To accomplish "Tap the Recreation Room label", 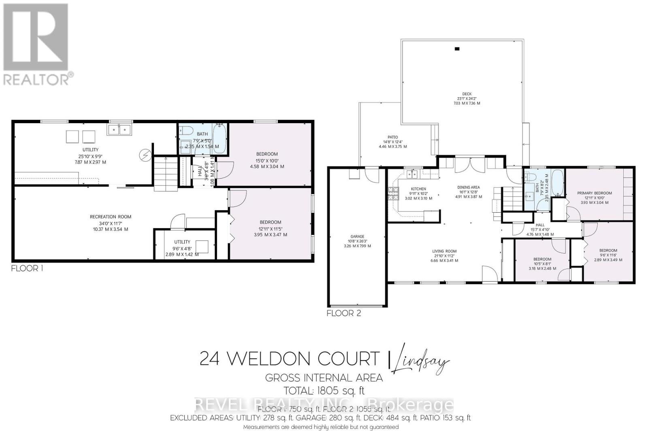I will tap(111, 217).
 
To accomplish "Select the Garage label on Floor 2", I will tap(357, 237).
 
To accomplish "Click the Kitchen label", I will tap(418, 189).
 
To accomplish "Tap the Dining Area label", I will tap(469, 187).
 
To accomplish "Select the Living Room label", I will tap(444, 251).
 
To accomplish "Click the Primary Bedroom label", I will tap(594, 193).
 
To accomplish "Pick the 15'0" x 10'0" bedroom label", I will tap(267, 154).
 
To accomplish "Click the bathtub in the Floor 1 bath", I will tap(219, 139).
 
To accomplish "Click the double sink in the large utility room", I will tap(119, 130).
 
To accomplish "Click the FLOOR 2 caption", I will tap(343, 313).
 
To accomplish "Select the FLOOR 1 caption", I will tap(27, 268).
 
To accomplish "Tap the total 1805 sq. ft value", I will tap(324, 391).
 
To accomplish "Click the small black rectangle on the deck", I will tap(457, 49).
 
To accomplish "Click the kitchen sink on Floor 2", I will tap(413, 175).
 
